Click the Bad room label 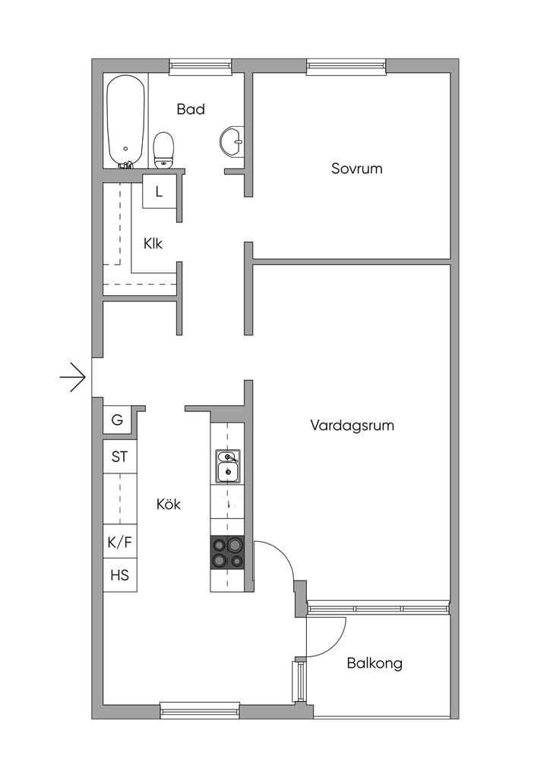(x=191, y=109)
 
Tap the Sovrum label (x=356, y=168)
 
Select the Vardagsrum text (x=352, y=425)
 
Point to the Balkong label (x=375, y=663)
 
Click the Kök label (x=169, y=504)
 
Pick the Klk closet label (x=153, y=244)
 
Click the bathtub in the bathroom (x=126, y=121)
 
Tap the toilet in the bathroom (x=164, y=149)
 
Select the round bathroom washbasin (x=232, y=140)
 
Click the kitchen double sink (x=228, y=466)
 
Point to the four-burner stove (x=228, y=552)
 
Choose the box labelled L (x=160, y=191)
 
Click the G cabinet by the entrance (x=117, y=420)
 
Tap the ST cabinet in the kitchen (x=119, y=456)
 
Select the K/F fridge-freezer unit (x=119, y=542)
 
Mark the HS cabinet (x=119, y=575)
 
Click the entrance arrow (x=73, y=378)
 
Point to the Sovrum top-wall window (x=346, y=67)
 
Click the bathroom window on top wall (x=201, y=67)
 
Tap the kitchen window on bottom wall (x=200, y=710)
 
